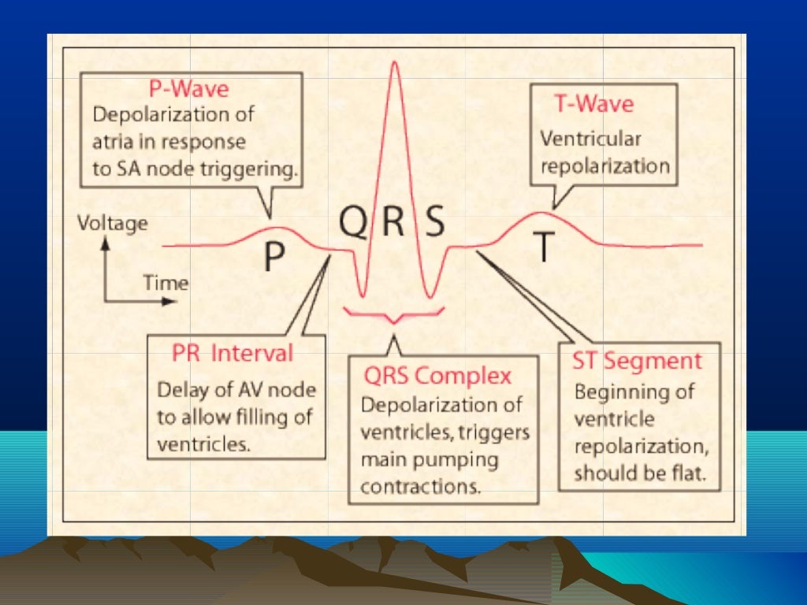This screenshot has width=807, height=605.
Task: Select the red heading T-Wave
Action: (594, 104)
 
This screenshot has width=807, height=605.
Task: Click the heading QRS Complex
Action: (437, 375)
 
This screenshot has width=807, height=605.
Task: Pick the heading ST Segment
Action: (637, 362)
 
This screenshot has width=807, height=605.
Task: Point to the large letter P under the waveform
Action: (273, 257)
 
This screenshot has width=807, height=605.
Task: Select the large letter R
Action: (393, 223)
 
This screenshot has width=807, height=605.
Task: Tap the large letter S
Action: (434, 223)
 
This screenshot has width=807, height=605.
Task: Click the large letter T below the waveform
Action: (544, 246)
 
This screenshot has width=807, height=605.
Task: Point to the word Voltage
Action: (112, 223)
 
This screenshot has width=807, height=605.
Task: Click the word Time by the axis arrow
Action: (165, 283)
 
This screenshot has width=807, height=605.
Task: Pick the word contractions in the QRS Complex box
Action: (420, 487)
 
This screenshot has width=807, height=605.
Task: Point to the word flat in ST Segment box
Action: (691, 474)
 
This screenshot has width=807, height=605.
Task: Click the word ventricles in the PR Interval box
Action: (203, 444)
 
